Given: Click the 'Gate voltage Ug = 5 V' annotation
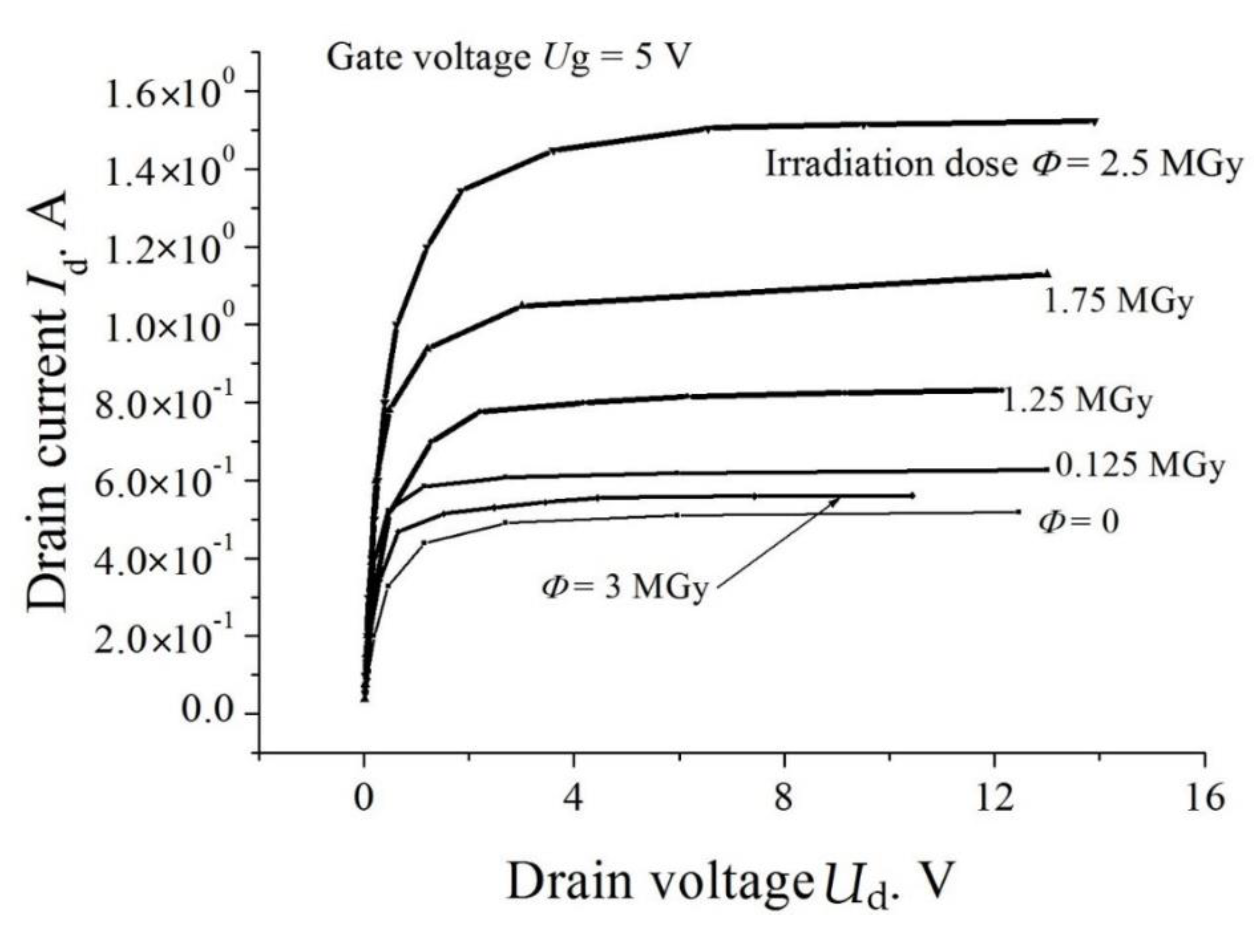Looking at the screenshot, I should coord(506,58).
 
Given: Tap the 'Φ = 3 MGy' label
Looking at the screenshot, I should coord(624,588).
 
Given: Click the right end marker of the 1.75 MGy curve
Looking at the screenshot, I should coord(1046,274).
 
